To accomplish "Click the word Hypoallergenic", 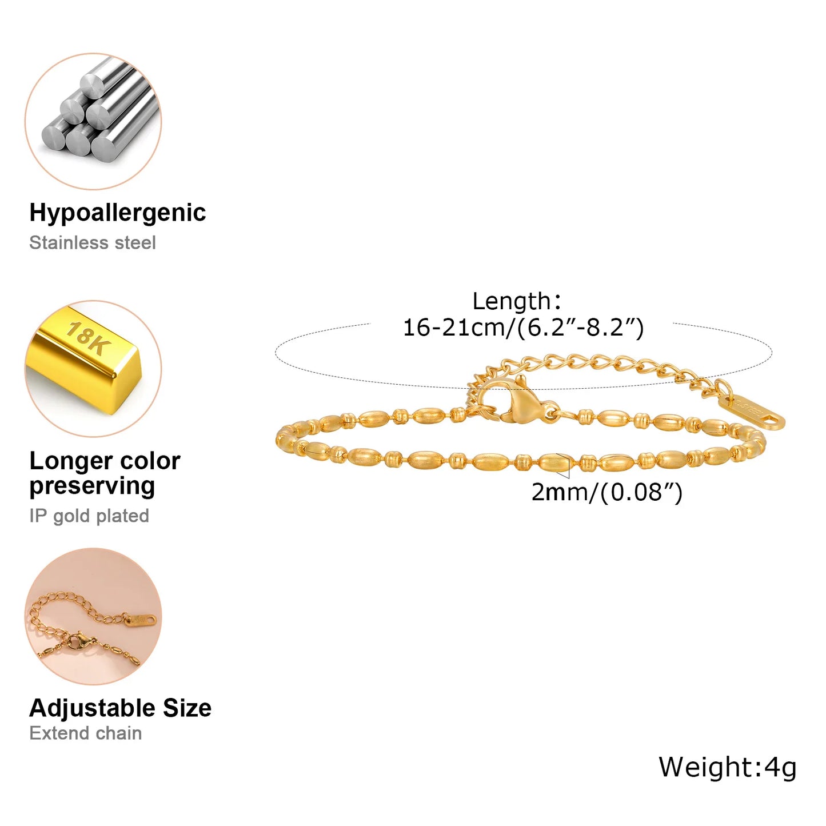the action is click(x=117, y=213).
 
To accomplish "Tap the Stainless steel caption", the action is click(x=92, y=242).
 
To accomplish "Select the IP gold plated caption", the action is click(x=89, y=516).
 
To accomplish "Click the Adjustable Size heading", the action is click(x=120, y=708).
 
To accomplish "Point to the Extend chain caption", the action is click(x=86, y=733).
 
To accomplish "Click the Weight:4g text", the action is click(x=728, y=768).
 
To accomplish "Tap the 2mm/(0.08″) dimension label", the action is click(x=606, y=492).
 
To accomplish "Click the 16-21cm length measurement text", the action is click(x=524, y=328).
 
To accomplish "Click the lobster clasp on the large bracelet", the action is click(x=520, y=400).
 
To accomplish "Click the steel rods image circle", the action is click(x=93, y=121).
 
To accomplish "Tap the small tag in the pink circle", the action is click(x=141, y=620).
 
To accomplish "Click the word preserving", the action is click(x=92, y=486).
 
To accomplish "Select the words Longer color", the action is click(x=105, y=461).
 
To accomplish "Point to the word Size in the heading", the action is click(x=187, y=708).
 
